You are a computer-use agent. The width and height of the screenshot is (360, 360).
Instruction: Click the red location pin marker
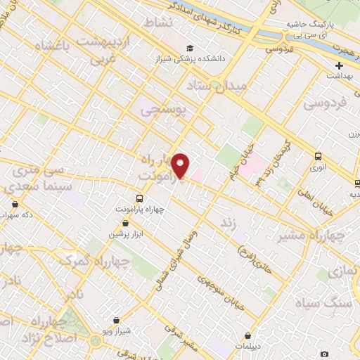click(181, 166)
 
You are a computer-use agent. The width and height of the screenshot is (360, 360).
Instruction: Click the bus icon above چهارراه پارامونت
click(139, 198)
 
